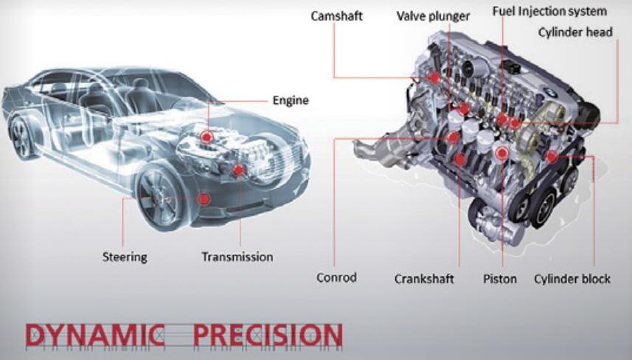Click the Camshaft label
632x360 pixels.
336,16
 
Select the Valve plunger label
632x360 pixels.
434,16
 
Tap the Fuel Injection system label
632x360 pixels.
549,11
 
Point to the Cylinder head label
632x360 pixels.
575,32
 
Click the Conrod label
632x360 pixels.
336,277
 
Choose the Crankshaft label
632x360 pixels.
424,279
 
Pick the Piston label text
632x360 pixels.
500,279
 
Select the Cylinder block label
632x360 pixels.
572,279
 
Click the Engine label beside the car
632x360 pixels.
291,100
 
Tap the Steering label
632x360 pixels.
125,257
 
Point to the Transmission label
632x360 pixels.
237,257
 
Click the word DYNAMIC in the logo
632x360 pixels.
95,335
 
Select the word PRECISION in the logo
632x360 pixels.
268,335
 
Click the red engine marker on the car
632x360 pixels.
206,137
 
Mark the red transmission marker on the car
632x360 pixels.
239,170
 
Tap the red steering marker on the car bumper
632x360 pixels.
204,198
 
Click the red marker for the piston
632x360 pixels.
501,153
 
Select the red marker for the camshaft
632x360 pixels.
434,77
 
